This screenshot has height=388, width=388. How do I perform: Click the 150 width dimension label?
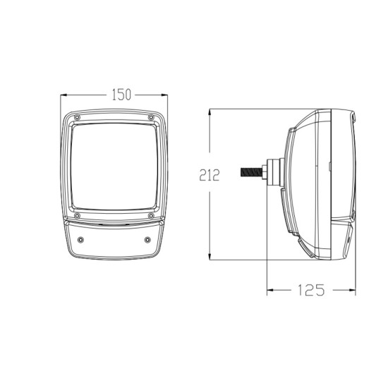[x=121, y=95]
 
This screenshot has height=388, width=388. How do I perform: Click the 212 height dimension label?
[x=210, y=175]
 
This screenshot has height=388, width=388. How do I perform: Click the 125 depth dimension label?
[x=311, y=290]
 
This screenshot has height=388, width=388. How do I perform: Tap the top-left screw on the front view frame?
[x=77, y=117]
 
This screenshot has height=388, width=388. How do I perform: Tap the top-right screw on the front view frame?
[x=151, y=117]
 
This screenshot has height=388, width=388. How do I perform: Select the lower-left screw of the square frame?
[x=77, y=216]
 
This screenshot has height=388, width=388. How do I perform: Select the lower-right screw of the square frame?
[x=151, y=216]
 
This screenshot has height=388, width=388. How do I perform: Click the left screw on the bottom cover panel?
[x=80, y=240]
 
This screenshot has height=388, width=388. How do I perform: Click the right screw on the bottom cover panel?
[x=147, y=240]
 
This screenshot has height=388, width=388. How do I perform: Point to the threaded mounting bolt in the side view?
[x=251, y=172]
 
